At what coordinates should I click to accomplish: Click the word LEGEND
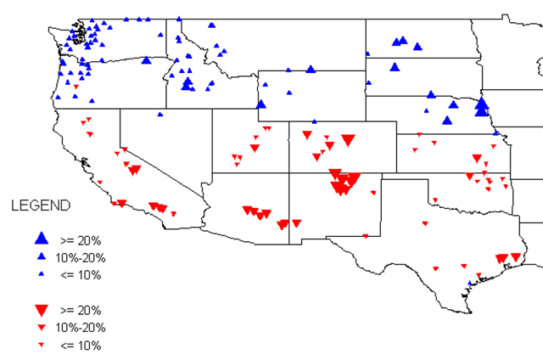click(x=34, y=206)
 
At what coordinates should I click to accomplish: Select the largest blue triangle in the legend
click(x=40, y=239)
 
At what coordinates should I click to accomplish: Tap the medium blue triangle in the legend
click(x=40, y=256)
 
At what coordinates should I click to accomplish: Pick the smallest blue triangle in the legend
click(x=40, y=274)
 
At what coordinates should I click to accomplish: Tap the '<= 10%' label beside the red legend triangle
click(x=81, y=346)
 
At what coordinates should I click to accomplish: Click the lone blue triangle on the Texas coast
click(x=471, y=282)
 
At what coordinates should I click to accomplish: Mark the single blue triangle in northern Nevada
click(x=160, y=114)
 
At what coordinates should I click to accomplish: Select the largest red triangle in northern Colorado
click(x=346, y=139)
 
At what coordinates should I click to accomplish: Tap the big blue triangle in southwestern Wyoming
click(x=261, y=104)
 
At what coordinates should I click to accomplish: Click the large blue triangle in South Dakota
click(x=395, y=66)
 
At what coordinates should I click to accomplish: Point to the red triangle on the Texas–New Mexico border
click(x=366, y=234)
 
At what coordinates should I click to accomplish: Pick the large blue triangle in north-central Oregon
click(x=146, y=60)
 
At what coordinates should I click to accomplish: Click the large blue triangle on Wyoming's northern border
click(x=311, y=69)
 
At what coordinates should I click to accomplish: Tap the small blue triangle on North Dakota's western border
click(x=368, y=53)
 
